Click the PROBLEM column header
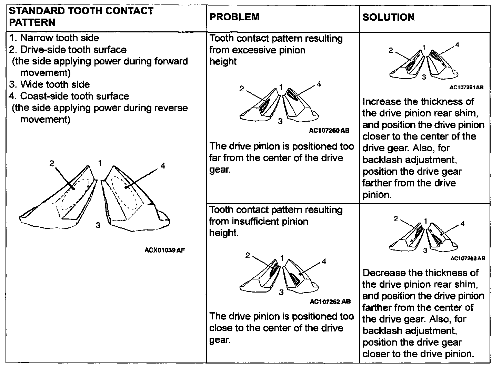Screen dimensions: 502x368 click(x=234, y=17)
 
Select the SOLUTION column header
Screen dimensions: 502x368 click(x=388, y=17)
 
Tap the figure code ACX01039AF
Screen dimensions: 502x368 click(x=164, y=250)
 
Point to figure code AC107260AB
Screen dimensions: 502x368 click(x=329, y=131)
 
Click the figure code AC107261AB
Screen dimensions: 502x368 click(x=466, y=88)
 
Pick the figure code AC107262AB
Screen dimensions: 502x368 click(x=330, y=301)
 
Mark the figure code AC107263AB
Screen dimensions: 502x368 click(x=468, y=258)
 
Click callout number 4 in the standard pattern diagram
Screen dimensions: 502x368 click(x=163, y=166)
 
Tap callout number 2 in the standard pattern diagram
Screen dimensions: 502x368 click(x=52, y=163)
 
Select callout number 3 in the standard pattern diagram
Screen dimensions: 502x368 click(x=98, y=225)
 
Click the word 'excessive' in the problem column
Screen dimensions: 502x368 click(x=252, y=50)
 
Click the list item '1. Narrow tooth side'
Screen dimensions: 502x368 click(x=54, y=38)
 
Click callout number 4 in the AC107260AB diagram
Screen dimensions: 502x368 click(x=319, y=84)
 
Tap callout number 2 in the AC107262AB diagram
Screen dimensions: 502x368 click(x=247, y=255)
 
